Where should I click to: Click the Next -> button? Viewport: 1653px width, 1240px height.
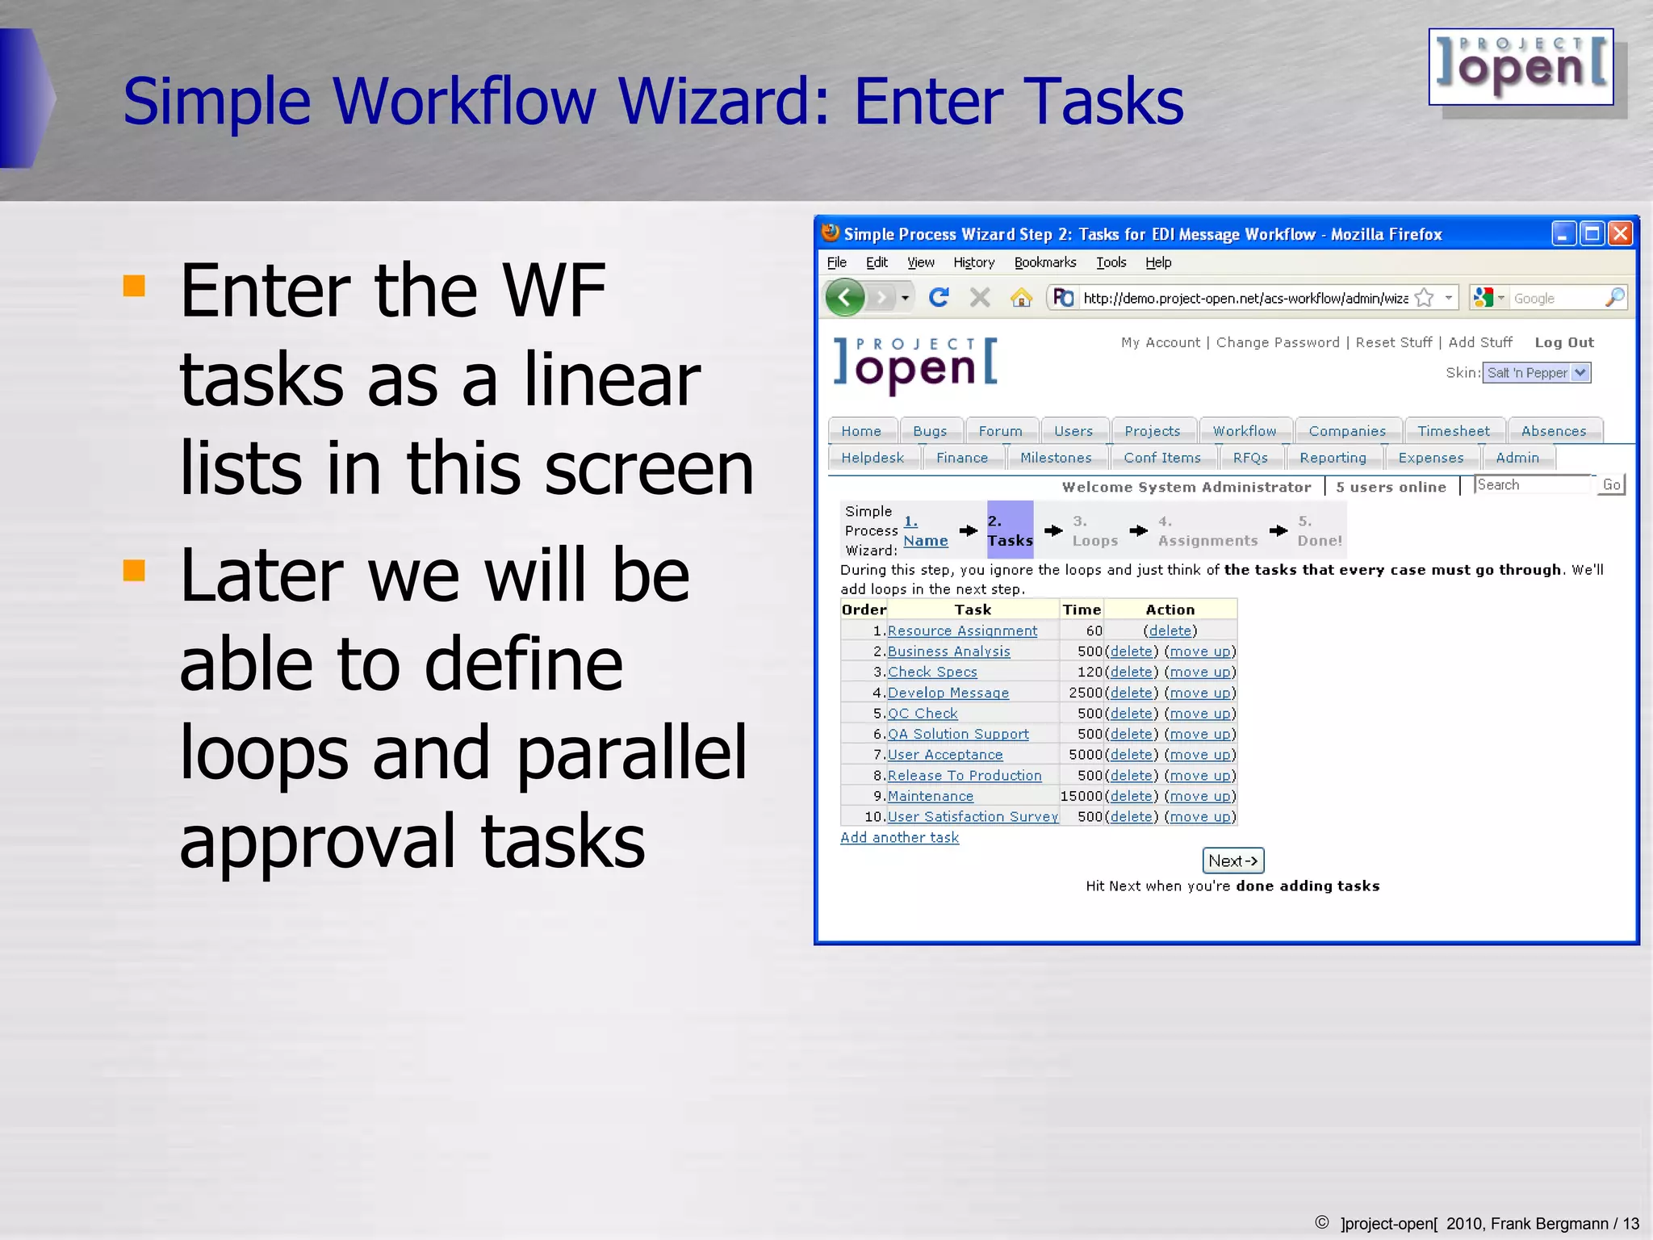tap(1232, 861)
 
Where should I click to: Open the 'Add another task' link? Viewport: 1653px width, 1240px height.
tap(899, 837)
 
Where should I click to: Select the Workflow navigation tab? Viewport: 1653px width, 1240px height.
tap(1244, 431)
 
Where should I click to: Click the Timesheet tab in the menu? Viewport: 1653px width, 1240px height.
tap(1454, 431)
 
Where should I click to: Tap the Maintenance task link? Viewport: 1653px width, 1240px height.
tap(930, 796)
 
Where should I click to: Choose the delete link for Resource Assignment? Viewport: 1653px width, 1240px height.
tap(1170, 630)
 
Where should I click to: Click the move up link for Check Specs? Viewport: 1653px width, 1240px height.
tap(1199, 672)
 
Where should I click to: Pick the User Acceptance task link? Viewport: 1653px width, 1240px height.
tap(944, 755)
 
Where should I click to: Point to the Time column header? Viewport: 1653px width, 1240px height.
tap(1082, 610)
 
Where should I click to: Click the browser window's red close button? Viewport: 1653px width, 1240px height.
tap(1620, 234)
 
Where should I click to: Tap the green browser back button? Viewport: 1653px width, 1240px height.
tap(845, 298)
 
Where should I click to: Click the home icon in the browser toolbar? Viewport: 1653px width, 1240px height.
tap(1021, 298)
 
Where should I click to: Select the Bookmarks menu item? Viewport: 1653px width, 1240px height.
tap(1044, 262)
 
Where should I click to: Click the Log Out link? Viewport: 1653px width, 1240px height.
tap(1563, 342)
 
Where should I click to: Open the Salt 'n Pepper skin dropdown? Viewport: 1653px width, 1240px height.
tap(1537, 373)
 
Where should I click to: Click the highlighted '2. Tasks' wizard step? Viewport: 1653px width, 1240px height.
tap(1010, 530)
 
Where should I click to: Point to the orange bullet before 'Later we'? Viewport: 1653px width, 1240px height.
tap(134, 571)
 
